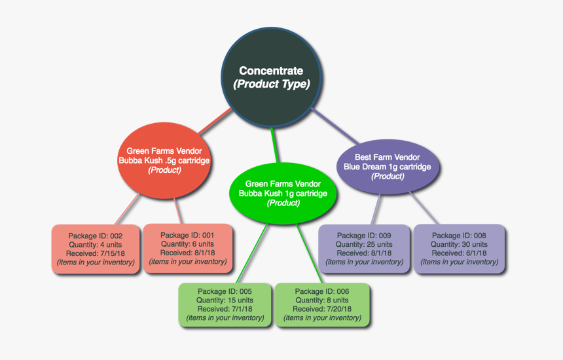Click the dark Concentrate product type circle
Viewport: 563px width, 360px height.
point(271,77)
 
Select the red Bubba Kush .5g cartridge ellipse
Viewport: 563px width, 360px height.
point(164,160)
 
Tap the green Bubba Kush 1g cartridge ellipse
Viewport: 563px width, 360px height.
point(283,193)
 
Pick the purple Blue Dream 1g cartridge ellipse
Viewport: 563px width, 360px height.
point(387,167)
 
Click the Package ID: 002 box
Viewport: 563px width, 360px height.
point(96,249)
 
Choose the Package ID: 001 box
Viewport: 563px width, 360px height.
point(188,248)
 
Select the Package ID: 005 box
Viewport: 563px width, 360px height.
point(225,304)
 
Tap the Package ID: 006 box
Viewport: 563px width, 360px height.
point(322,304)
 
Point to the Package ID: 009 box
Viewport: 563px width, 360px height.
point(364,249)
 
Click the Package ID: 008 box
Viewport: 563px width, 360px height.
point(459,249)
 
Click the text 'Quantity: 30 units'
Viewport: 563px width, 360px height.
point(460,244)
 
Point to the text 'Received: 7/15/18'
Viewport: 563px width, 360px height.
point(96,253)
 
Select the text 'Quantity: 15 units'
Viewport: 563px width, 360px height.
point(225,300)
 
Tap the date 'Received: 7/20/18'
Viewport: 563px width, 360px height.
point(322,309)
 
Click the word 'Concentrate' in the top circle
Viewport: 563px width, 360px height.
point(271,71)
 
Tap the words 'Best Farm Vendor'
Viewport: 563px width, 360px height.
point(388,157)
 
